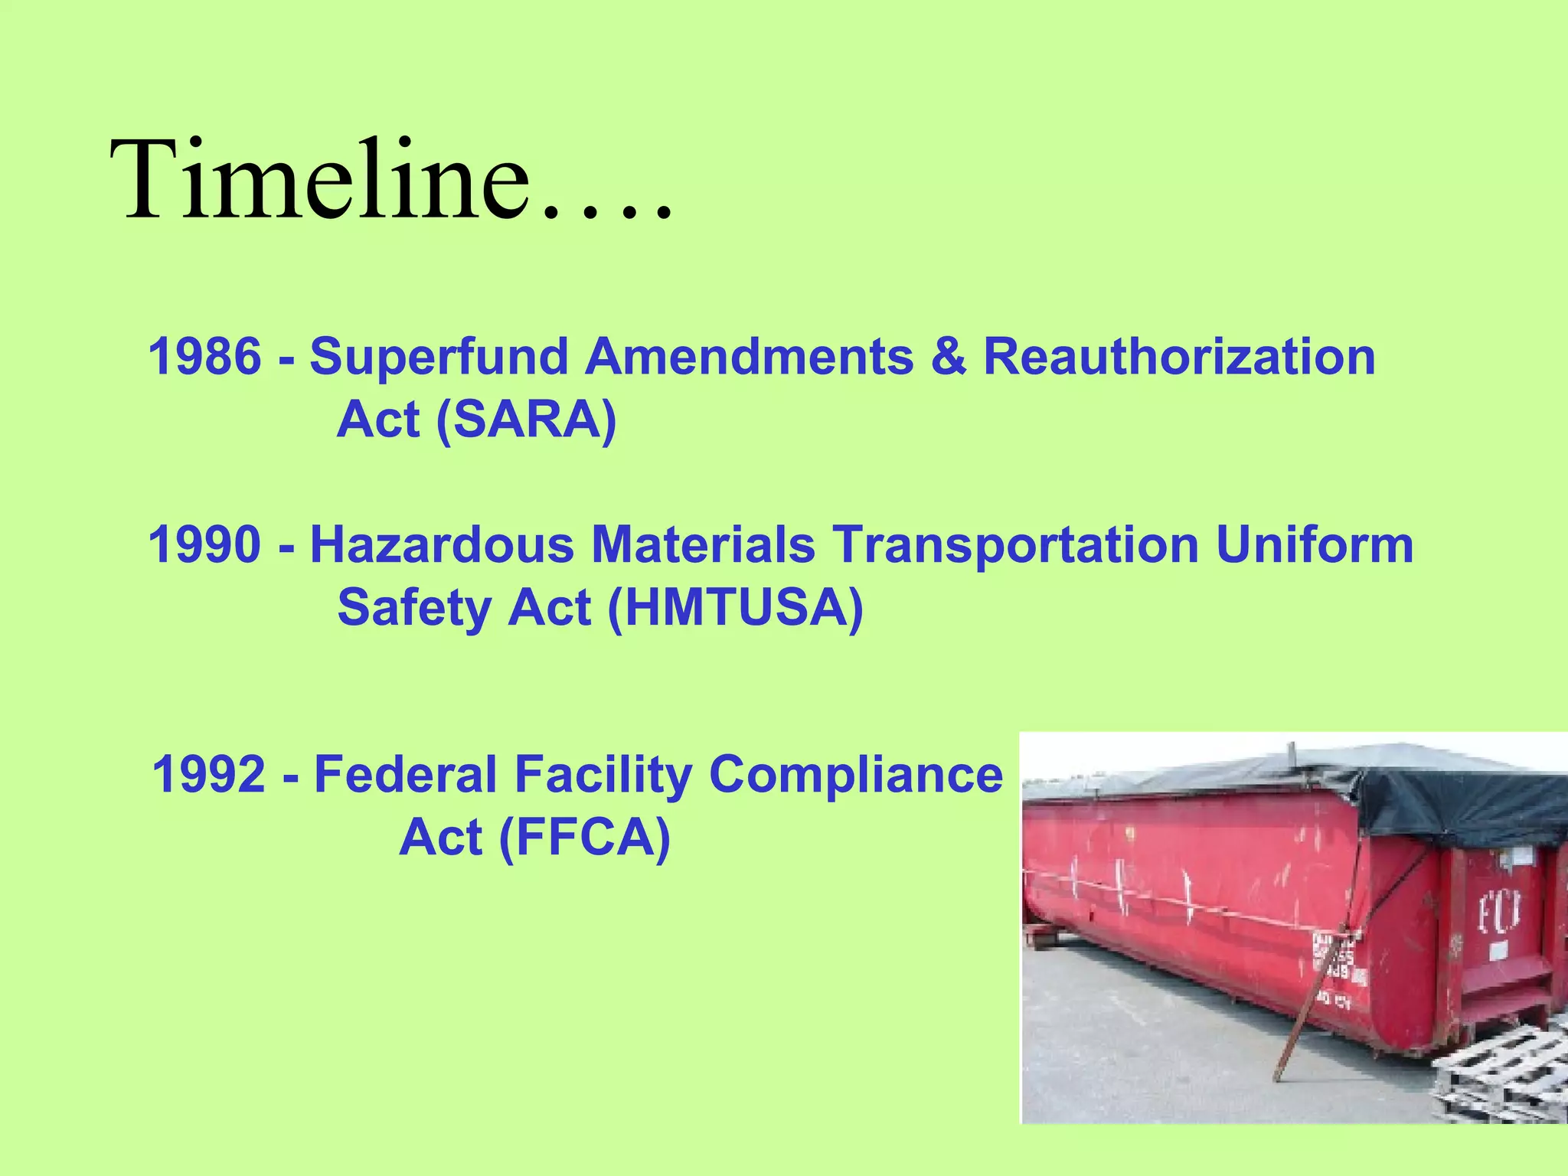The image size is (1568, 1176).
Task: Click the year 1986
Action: point(204,357)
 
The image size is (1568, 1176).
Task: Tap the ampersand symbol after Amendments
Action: point(949,357)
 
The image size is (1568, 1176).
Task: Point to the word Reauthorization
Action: point(1179,357)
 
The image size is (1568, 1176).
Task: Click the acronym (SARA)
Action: point(526,420)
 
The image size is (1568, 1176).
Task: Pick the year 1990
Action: point(204,545)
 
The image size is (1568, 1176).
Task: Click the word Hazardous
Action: point(442,545)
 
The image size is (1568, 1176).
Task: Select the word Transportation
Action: point(1015,545)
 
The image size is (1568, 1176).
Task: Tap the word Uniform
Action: point(1314,545)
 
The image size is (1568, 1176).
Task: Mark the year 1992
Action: point(209,775)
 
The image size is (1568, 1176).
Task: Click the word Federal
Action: point(406,775)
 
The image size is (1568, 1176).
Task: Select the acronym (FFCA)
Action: point(584,838)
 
